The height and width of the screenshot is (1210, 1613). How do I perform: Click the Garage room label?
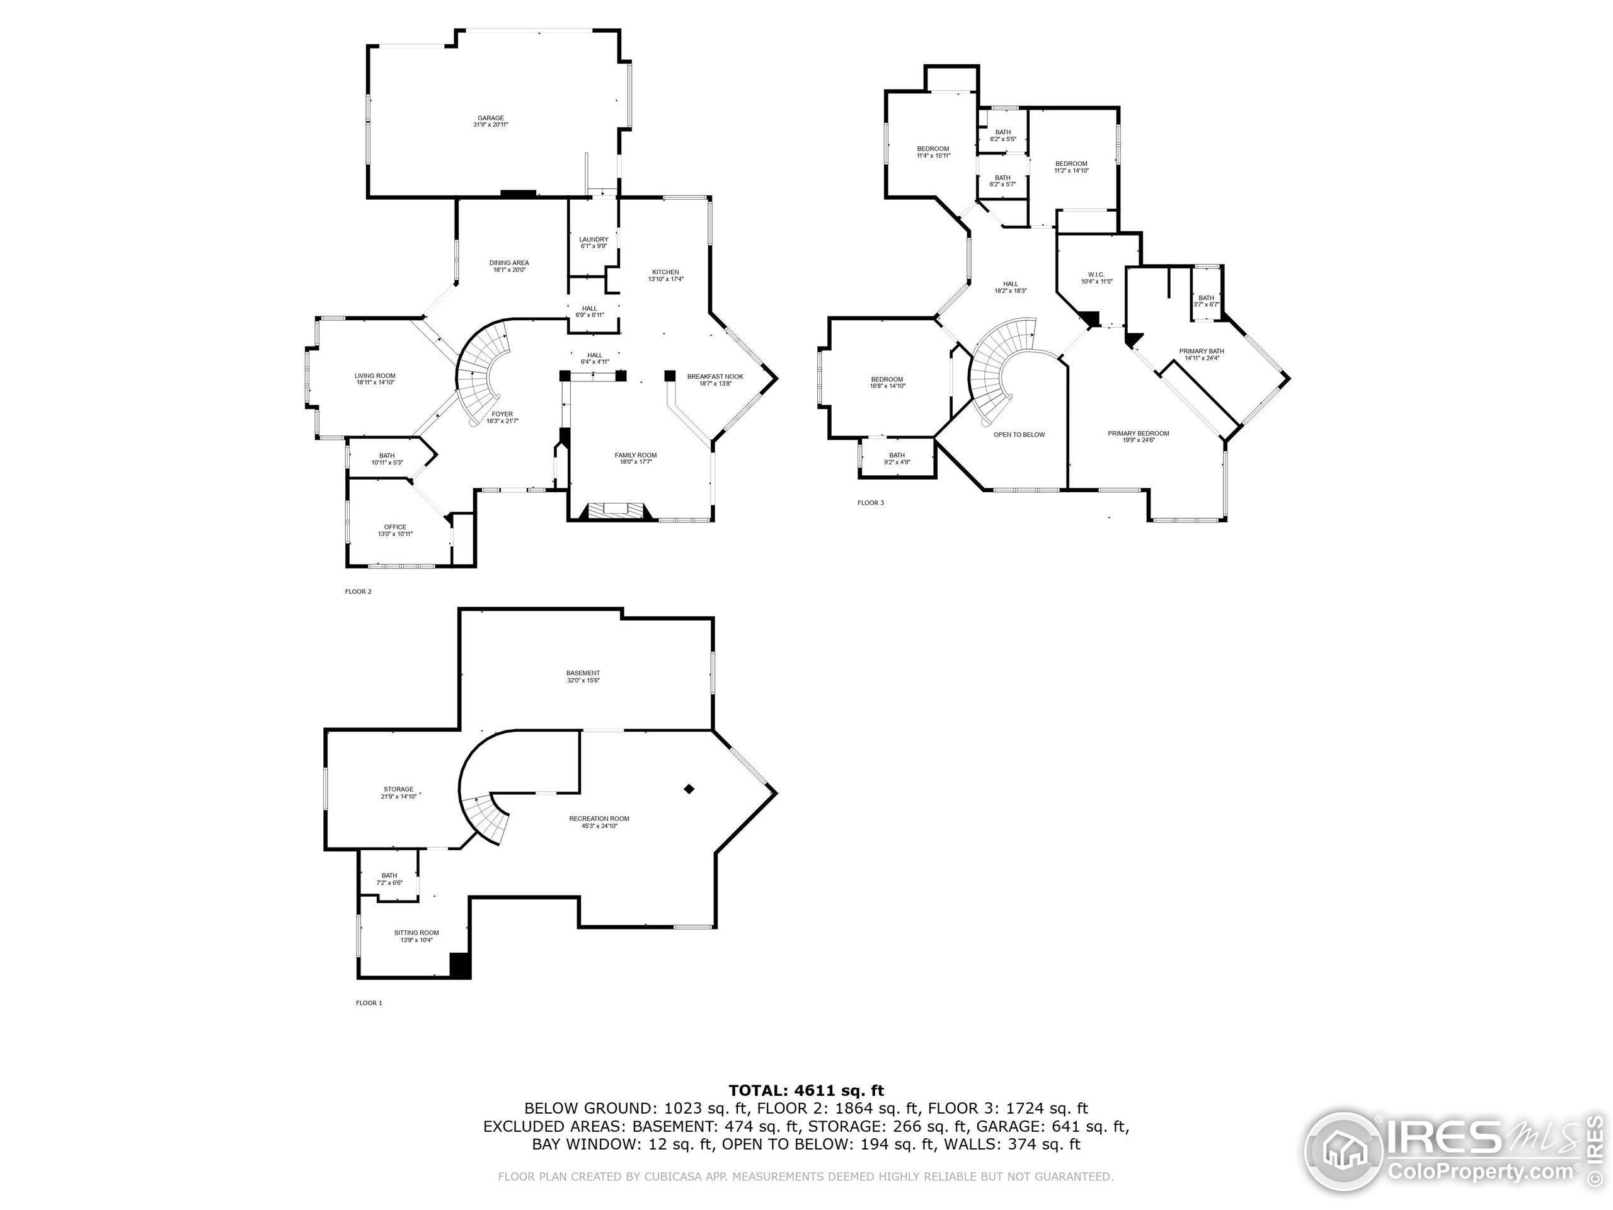pos(491,118)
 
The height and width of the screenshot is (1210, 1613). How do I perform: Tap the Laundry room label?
pos(594,239)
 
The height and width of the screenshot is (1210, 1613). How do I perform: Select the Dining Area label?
pos(509,263)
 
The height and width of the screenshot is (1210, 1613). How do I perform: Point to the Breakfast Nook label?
pos(715,376)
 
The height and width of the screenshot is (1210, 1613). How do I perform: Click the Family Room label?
pos(636,455)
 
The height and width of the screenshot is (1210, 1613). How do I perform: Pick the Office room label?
pos(395,527)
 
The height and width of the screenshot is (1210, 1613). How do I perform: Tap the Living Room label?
pos(375,376)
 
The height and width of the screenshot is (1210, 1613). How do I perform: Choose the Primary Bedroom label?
pos(1139,433)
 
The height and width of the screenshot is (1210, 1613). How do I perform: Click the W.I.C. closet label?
pos(1096,274)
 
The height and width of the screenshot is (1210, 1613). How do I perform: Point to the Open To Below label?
pos(1019,435)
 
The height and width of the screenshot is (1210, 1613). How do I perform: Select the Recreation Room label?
pos(599,819)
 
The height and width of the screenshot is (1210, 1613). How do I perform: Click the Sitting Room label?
pos(416,932)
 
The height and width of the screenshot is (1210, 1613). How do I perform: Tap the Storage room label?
pos(398,788)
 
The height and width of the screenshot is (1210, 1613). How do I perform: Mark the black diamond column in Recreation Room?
pos(689,788)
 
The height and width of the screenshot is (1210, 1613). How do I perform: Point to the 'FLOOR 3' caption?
pos(871,502)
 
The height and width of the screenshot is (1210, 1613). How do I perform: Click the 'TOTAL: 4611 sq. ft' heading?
pos(806,1090)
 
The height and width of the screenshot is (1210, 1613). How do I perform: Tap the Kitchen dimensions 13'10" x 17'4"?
pos(666,279)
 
